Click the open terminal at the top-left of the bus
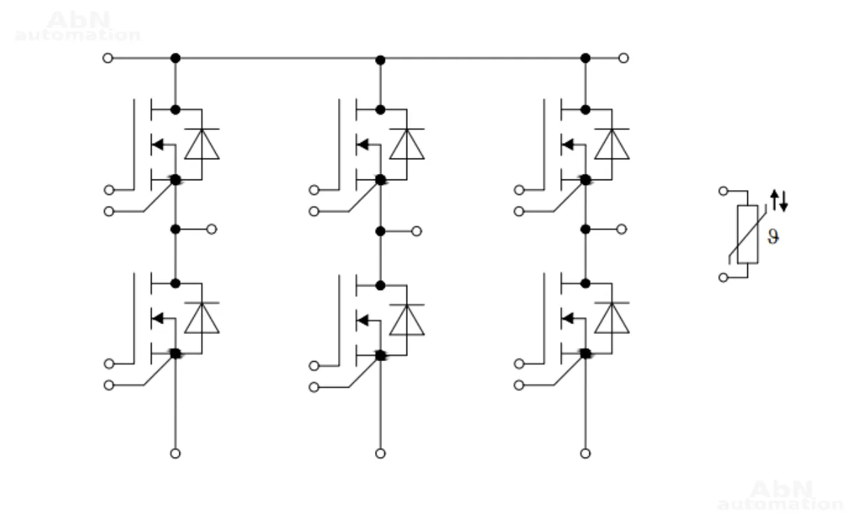pyautogui.click(x=107, y=58)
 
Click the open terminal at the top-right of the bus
pyautogui.click(x=624, y=58)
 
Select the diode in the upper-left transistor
pyautogui.click(x=202, y=144)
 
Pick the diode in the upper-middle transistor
pyautogui.click(x=406, y=144)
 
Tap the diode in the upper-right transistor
pyautogui.click(x=612, y=144)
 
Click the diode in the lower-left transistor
pyautogui.click(x=202, y=318)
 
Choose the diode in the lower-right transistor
pyautogui.click(x=612, y=318)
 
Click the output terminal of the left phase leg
pyautogui.click(x=212, y=229)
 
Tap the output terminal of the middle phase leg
pyautogui.click(x=416, y=231)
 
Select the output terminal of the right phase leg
pyautogui.click(x=622, y=229)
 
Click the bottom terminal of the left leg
pyautogui.click(x=175, y=453)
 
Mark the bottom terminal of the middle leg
pyautogui.click(x=380, y=453)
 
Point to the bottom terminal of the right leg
pyautogui.click(x=585, y=453)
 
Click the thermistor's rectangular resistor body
pyautogui.click(x=747, y=234)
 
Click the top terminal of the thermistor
pyautogui.click(x=724, y=190)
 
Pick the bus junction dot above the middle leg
pyautogui.click(x=380, y=60)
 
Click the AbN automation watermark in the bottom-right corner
pyautogui.click(x=780, y=495)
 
